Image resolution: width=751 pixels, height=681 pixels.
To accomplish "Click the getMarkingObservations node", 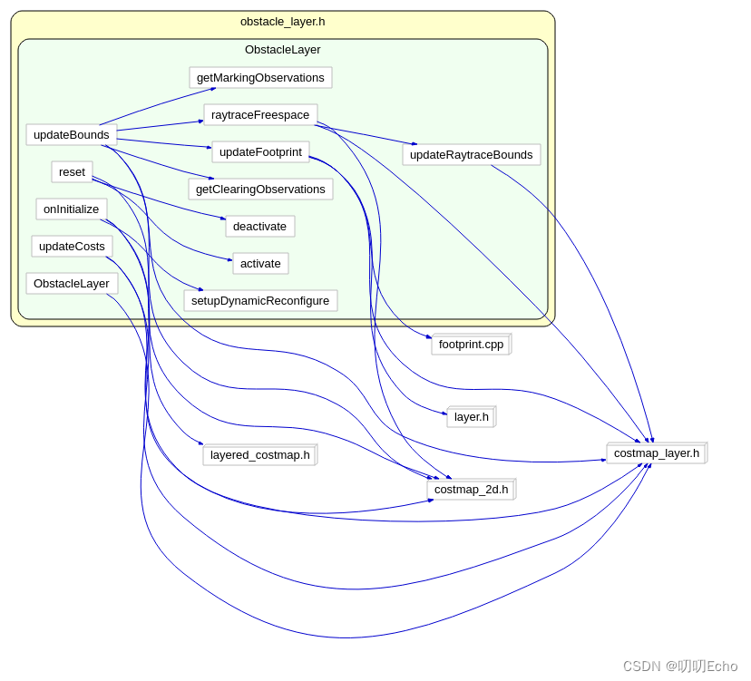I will pyautogui.click(x=260, y=78).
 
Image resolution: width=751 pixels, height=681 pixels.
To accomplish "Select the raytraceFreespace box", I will pyautogui.click(x=260, y=115).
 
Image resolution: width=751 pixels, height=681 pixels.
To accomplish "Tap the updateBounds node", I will pyautogui.click(x=72, y=135).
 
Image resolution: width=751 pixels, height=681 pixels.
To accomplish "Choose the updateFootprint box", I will pyautogui.click(x=260, y=152).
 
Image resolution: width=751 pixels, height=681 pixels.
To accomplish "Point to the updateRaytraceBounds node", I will pyautogui.click(x=471, y=155).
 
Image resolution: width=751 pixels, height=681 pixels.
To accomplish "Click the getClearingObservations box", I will pyautogui.click(x=260, y=190).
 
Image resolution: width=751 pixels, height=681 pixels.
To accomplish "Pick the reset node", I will pyautogui.click(x=72, y=172).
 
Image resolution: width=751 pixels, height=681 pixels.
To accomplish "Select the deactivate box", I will pyautogui.click(x=259, y=227).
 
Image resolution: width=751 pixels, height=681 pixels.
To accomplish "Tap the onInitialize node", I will pyautogui.click(x=72, y=209).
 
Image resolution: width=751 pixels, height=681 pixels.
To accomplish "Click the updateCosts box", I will pyautogui.click(x=72, y=247).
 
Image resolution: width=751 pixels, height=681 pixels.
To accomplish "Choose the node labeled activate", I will pyautogui.click(x=260, y=264).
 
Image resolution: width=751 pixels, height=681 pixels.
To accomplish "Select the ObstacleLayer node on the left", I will pyautogui.click(x=72, y=284).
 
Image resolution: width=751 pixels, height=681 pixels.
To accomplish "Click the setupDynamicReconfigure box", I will pyautogui.click(x=260, y=301).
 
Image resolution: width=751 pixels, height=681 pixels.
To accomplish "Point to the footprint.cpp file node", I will pyautogui.click(x=471, y=345).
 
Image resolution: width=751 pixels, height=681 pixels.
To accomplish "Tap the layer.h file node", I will pyautogui.click(x=471, y=417).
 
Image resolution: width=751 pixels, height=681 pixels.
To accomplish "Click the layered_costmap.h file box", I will pyautogui.click(x=259, y=455).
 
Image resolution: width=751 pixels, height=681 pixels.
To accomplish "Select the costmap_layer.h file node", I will pyautogui.click(x=656, y=453).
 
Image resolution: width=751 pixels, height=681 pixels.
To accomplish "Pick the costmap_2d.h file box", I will pyautogui.click(x=471, y=490).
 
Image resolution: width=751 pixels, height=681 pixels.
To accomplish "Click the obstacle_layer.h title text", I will pyautogui.click(x=282, y=22).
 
